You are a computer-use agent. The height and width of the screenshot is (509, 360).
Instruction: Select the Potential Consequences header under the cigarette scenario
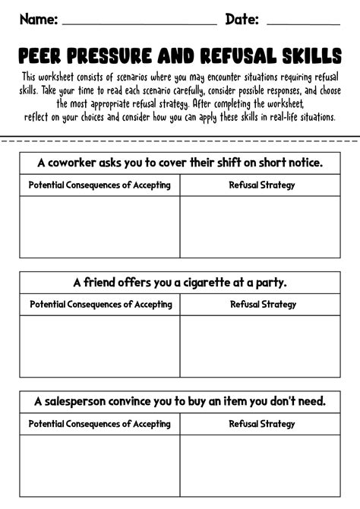(100, 305)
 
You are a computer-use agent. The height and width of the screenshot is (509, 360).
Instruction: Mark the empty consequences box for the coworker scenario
(100, 226)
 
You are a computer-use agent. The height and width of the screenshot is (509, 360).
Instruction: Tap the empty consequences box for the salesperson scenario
(100, 464)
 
